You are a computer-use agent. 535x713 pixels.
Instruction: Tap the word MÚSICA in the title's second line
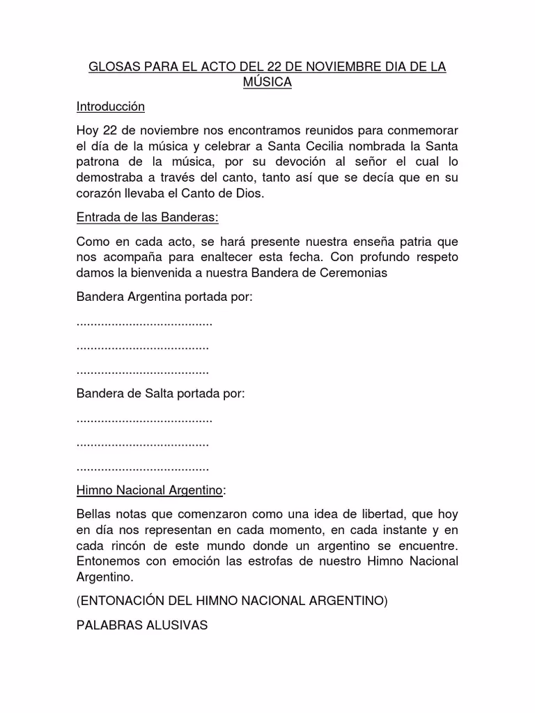[267, 83]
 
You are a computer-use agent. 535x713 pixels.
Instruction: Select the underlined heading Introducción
[110, 107]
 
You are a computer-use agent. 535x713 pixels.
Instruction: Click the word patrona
[99, 162]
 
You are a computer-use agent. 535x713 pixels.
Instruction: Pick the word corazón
[100, 193]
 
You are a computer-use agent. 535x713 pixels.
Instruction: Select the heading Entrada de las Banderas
[147, 217]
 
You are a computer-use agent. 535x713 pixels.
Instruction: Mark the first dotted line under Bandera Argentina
[144, 323]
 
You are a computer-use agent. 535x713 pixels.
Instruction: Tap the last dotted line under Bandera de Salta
[142, 467]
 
